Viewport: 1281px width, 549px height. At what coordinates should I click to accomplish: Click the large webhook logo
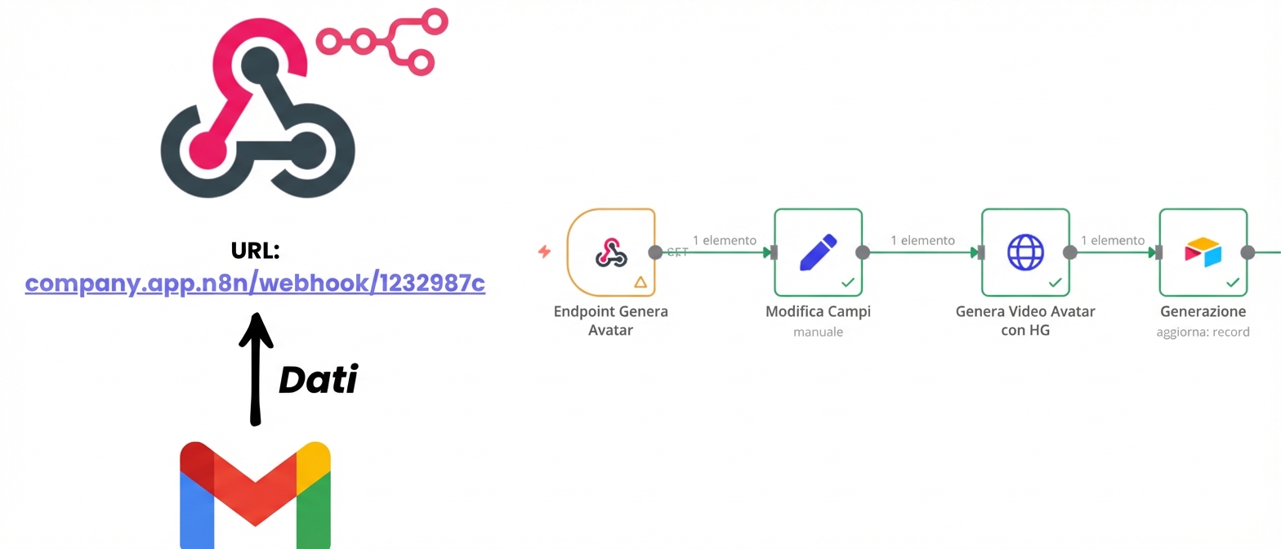(257, 118)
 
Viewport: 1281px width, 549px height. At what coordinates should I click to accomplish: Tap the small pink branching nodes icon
(383, 41)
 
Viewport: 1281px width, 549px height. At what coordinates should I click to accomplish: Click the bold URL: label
(255, 250)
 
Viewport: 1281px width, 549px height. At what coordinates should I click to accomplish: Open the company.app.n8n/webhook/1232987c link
(255, 283)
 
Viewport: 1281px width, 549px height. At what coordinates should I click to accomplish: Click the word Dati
(319, 380)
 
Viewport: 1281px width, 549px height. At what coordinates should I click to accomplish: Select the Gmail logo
(255, 495)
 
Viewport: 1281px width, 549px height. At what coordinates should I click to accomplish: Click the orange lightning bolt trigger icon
(544, 252)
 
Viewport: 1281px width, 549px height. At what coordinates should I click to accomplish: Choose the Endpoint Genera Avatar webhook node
(610, 252)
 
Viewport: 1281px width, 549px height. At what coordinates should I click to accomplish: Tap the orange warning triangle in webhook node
(640, 282)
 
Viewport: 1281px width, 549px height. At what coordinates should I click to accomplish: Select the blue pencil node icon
(818, 252)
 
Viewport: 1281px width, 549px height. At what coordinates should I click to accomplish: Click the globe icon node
(1025, 252)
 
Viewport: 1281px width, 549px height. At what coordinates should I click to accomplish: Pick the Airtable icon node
(1203, 252)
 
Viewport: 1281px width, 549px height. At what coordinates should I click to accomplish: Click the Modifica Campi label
(818, 311)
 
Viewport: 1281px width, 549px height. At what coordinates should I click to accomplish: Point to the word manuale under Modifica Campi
(818, 332)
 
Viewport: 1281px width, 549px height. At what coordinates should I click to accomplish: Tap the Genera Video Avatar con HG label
(1025, 320)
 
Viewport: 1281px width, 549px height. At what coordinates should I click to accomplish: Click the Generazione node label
(1203, 311)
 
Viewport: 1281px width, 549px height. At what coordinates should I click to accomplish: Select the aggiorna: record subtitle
(1203, 332)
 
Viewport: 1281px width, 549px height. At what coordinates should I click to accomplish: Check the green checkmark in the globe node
(1056, 282)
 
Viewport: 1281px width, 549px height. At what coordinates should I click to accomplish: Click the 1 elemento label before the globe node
(922, 240)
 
